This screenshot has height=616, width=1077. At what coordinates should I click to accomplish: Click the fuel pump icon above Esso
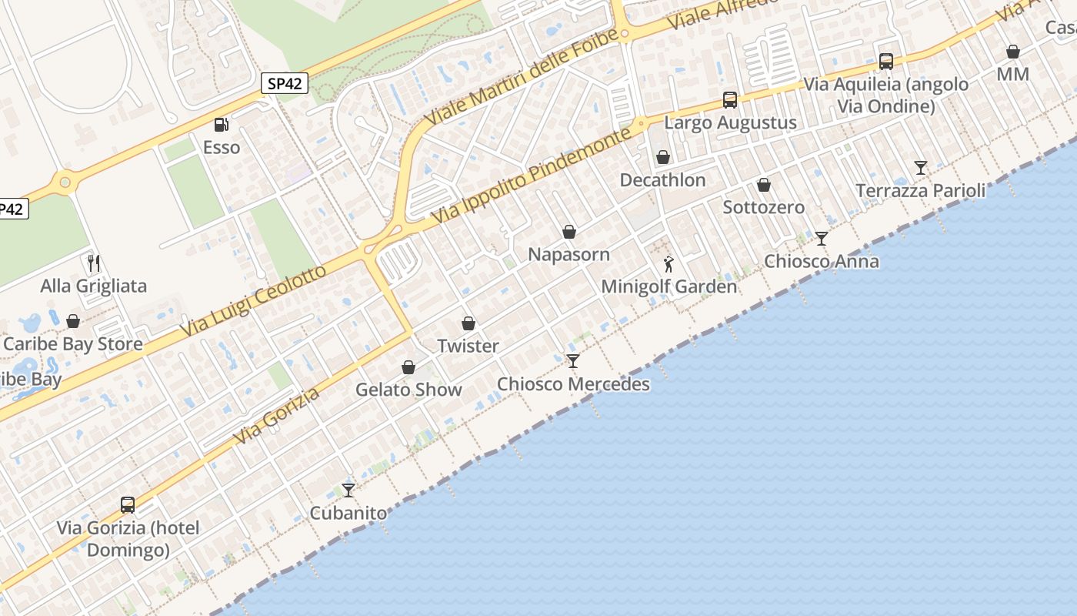click(x=221, y=124)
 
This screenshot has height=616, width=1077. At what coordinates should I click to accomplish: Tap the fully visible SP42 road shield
click(x=285, y=84)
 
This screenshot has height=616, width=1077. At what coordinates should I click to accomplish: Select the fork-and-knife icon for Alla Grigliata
click(x=94, y=263)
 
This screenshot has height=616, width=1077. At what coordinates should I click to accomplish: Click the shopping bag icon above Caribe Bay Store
click(x=73, y=321)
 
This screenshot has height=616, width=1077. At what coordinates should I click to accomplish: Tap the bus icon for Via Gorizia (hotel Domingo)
click(x=128, y=505)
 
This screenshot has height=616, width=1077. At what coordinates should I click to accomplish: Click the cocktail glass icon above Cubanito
click(x=348, y=490)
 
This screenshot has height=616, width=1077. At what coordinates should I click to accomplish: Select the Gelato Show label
click(x=408, y=390)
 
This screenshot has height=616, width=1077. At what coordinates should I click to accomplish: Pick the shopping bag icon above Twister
click(x=468, y=323)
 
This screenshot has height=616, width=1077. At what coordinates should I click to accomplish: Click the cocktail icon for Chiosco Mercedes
click(x=573, y=360)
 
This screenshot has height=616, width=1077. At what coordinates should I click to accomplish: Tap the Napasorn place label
click(x=569, y=254)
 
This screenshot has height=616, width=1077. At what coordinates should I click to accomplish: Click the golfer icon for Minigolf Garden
click(x=669, y=264)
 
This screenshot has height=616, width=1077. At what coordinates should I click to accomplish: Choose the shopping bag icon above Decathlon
click(x=663, y=157)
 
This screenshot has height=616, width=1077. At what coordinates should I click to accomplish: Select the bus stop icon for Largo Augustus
click(x=730, y=100)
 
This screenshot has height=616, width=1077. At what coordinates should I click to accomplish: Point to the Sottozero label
click(x=763, y=207)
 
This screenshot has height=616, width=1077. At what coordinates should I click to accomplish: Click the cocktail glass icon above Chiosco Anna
click(x=822, y=239)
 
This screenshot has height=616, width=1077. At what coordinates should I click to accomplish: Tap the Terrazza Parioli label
click(x=920, y=190)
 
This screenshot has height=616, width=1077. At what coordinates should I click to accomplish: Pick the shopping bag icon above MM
click(x=1013, y=52)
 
